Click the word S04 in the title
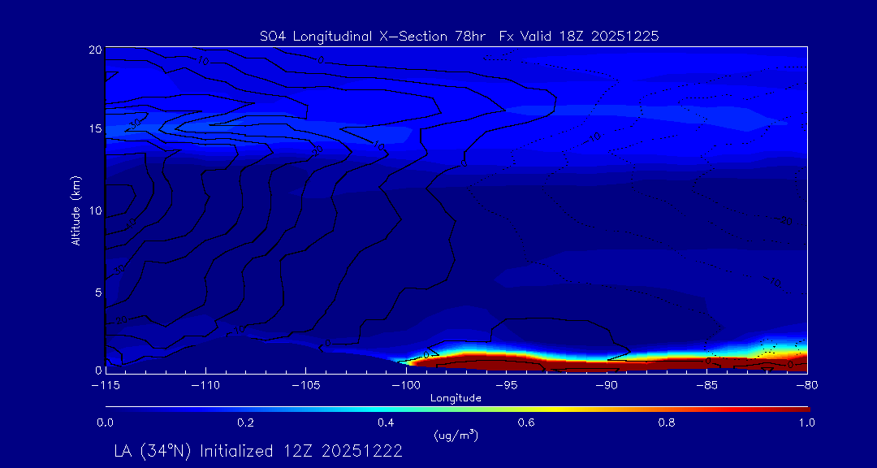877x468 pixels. (273, 36)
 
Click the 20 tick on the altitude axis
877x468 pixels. (94, 50)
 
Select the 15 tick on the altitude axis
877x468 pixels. (94, 130)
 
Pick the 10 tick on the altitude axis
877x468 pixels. (94, 210)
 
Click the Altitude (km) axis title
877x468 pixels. (76, 210)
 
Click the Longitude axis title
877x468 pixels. (456, 398)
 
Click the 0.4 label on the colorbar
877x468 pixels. (386, 422)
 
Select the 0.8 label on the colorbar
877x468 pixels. (667, 422)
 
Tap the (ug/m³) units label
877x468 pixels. (456, 435)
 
